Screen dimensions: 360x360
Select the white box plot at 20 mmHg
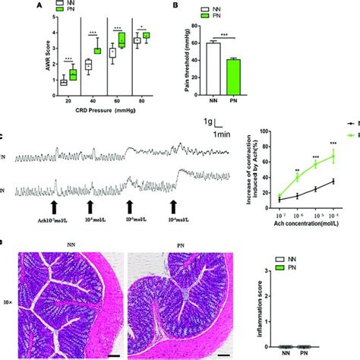(65, 81)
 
